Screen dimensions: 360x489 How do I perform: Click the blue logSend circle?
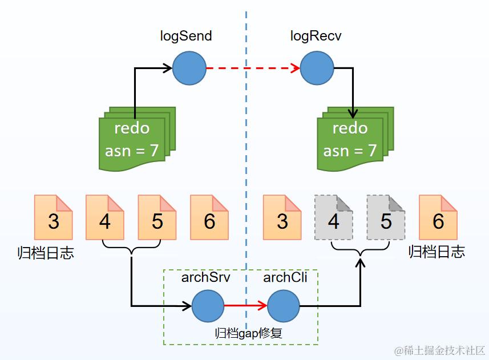tap(189, 68)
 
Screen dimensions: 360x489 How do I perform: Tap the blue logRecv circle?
tap(317, 68)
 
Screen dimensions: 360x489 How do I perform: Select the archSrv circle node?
tap(208, 306)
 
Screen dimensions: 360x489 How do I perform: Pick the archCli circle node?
tap(284, 306)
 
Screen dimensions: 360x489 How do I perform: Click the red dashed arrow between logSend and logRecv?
tap(253, 68)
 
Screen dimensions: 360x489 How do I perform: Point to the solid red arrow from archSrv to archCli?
tap(245, 306)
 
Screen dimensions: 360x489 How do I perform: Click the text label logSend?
tap(186, 37)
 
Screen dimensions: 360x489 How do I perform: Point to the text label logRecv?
tap(316, 37)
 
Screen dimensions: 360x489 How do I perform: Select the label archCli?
tap(285, 278)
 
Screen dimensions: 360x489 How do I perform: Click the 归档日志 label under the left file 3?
tap(46, 253)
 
